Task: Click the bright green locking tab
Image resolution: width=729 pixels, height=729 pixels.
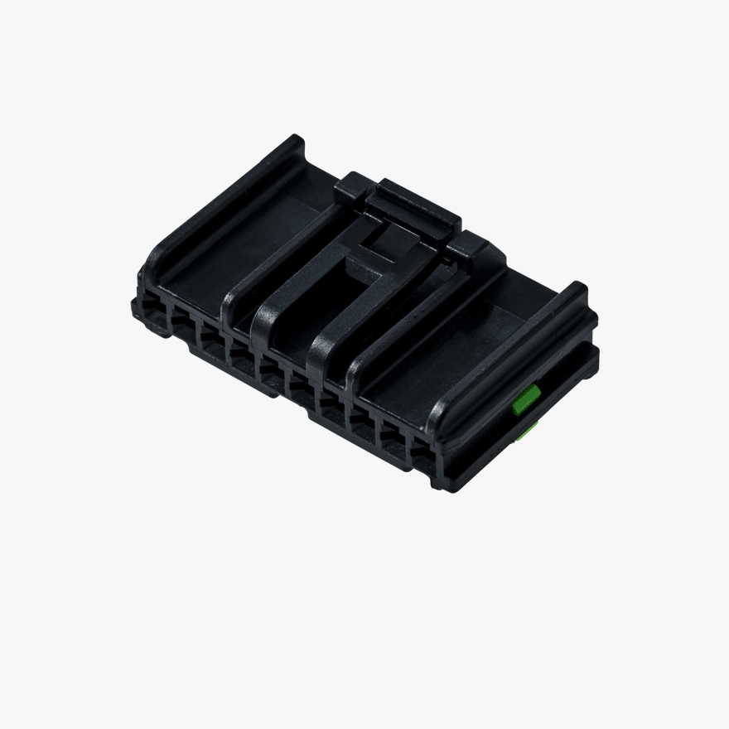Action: coord(526,400)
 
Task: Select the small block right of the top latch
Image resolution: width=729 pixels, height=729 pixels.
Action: coord(474,249)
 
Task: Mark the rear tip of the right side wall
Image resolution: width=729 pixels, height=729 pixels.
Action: coord(578,292)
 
